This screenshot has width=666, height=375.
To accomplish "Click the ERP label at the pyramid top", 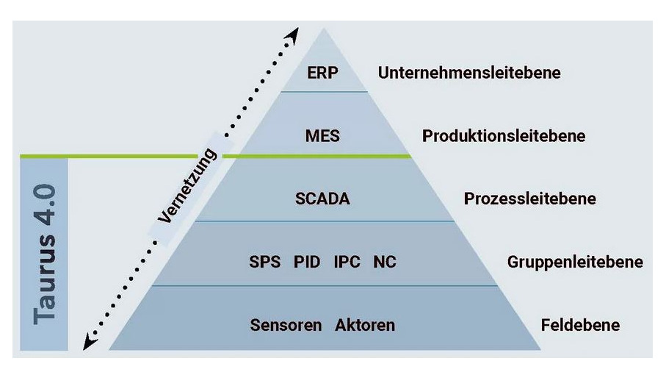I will coord(322,73).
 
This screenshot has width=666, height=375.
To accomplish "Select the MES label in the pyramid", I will coord(322,136).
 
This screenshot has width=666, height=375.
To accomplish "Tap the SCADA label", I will coord(323,199).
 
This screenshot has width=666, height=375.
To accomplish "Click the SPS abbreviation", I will coord(265,262).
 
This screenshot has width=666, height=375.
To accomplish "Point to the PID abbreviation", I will coord(307,262).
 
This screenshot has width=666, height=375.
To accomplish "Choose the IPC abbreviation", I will coord(347,262).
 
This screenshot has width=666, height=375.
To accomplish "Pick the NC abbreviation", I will coord(385,262).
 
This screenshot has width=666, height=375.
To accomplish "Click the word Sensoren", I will coord(286,325).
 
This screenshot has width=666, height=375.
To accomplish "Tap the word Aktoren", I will coord(366,325).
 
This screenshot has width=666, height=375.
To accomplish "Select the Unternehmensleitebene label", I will coord(469,73).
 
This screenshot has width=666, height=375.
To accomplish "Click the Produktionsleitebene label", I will coord(504,136).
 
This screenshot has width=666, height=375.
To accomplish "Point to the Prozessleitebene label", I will coord(529,199).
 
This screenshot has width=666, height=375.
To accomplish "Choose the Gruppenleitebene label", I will coord(575,262).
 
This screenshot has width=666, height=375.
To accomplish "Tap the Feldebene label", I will coord(580,325).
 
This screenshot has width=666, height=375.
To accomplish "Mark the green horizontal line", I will coord(110,156).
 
